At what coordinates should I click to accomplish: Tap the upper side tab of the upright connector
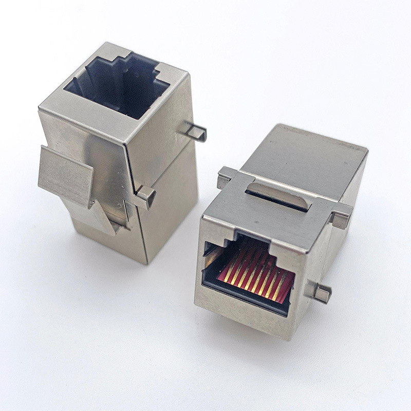coord(194,132)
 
